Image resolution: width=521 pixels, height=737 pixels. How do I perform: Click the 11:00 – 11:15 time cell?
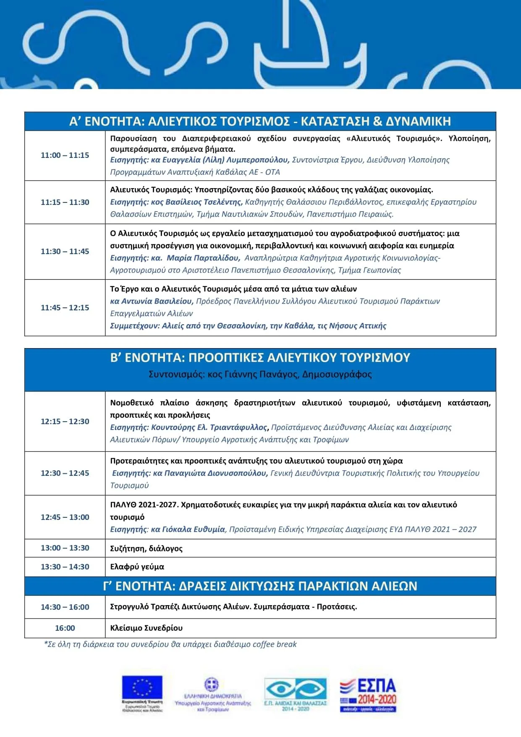(65, 155)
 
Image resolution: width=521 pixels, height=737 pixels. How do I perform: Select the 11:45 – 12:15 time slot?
(65, 308)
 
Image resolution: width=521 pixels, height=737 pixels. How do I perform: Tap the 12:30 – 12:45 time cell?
(65, 473)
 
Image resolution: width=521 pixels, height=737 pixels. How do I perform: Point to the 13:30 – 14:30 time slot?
(65, 567)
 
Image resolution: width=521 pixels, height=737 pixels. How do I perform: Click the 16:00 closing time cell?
(65, 628)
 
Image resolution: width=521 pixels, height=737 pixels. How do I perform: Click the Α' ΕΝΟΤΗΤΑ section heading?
(260, 121)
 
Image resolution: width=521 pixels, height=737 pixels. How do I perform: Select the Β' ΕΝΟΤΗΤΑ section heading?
(260, 358)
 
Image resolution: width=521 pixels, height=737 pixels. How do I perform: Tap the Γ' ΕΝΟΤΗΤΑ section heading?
(260, 586)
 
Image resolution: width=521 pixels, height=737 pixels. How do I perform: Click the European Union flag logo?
(142, 687)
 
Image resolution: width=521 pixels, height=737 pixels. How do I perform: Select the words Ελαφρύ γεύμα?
(137, 567)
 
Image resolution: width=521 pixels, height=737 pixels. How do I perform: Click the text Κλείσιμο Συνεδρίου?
(146, 628)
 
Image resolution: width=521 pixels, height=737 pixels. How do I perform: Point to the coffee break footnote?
(170, 644)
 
